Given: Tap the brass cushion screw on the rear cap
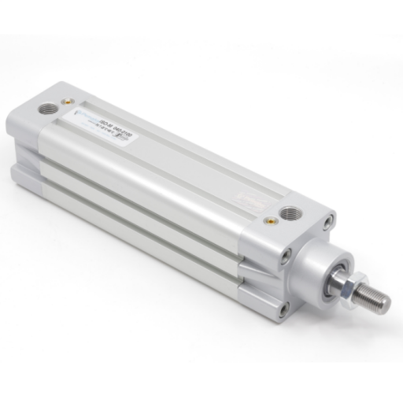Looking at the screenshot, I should pyautogui.click(x=69, y=101).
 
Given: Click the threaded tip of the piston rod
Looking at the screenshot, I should pyautogui.click(x=376, y=301).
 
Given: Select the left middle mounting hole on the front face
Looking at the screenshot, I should pyautogui.click(x=287, y=253).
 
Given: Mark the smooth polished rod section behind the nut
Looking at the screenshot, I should pyautogui.click(x=336, y=277).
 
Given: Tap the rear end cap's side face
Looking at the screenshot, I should pyautogui.click(x=24, y=146).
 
